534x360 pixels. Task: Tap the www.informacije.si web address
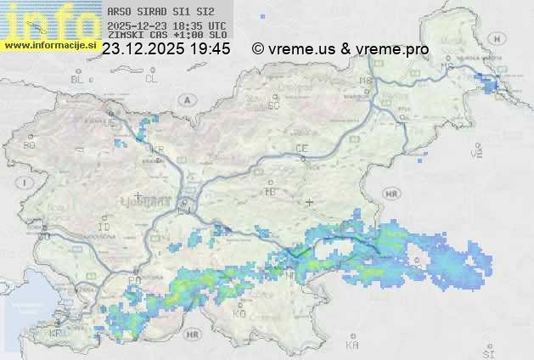[x=50, y=45]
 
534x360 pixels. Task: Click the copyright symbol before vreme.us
[x=258, y=49]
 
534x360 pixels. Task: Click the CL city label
[x=151, y=79]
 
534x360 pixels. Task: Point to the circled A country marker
[x=185, y=99]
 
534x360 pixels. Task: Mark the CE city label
[x=301, y=149]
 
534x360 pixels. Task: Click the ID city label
[x=104, y=228]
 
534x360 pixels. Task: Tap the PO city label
[x=133, y=279]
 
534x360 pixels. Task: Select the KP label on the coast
[x=56, y=334]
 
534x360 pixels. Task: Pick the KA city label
[x=352, y=346]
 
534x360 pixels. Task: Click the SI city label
[x=487, y=351]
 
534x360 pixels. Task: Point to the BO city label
[x=30, y=145]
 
